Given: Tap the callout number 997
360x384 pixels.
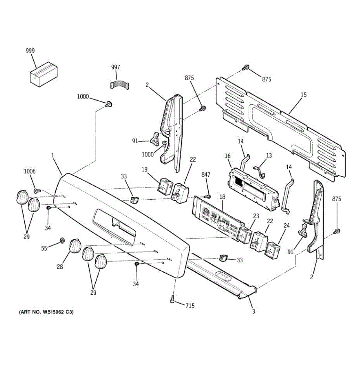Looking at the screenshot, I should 116,67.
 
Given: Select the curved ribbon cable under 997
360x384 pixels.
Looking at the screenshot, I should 119,85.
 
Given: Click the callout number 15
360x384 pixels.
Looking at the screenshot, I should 303,95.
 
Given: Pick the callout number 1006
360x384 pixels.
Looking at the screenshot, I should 30,172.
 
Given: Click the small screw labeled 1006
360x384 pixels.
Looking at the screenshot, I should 36,191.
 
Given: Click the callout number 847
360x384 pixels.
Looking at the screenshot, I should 206,174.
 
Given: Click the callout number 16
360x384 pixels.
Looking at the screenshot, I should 228,156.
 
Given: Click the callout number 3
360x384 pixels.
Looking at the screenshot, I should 253,311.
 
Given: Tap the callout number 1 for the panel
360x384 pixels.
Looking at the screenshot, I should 53,156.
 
